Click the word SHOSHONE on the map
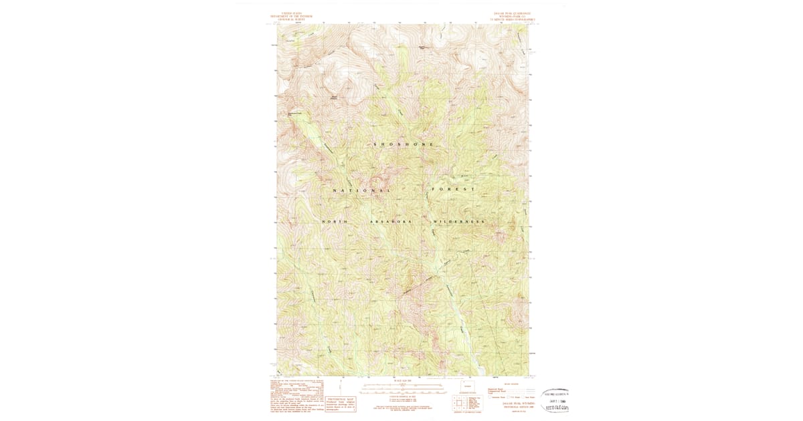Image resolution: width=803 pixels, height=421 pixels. (x=403, y=144)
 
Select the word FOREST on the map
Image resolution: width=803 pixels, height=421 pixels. (x=453, y=189)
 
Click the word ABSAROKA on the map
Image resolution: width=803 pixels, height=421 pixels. (x=389, y=221)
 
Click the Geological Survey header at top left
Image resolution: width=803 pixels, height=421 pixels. (x=291, y=17)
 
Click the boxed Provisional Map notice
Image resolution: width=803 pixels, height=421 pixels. (x=341, y=401)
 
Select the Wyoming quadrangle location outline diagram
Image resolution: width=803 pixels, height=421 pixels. (x=467, y=386)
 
